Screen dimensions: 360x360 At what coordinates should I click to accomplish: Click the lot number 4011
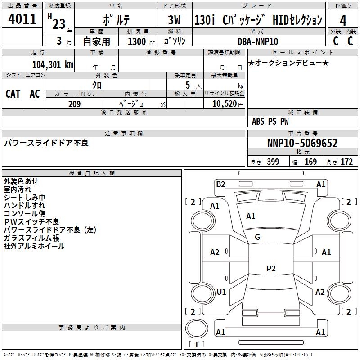click(x=22, y=19)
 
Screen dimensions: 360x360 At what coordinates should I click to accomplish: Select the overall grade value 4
click(x=343, y=21)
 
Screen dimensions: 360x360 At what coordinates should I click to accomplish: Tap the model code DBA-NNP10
click(x=258, y=41)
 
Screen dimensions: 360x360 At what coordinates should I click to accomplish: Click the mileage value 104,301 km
click(x=53, y=65)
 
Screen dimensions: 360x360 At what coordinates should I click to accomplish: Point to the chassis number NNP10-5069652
click(x=302, y=144)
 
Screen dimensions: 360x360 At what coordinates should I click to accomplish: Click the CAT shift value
click(x=13, y=94)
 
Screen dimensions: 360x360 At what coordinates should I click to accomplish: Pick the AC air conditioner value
click(x=35, y=94)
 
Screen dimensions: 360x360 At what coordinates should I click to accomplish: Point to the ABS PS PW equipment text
click(x=270, y=121)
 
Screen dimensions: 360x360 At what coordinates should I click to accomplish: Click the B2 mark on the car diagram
click(x=220, y=184)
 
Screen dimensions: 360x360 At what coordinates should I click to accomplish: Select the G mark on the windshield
click(x=257, y=237)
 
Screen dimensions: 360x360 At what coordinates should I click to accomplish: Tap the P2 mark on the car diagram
click(x=271, y=269)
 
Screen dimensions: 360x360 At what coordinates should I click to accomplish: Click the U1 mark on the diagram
click(x=221, y=292)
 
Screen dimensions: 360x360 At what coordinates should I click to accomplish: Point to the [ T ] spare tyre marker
click(x=196, y=345)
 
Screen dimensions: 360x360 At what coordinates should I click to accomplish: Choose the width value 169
click(x=310, y=162)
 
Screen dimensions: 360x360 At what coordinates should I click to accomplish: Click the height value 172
click(x=346, y=162)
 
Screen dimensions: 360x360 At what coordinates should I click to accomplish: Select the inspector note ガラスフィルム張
click(x=31, y=238)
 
